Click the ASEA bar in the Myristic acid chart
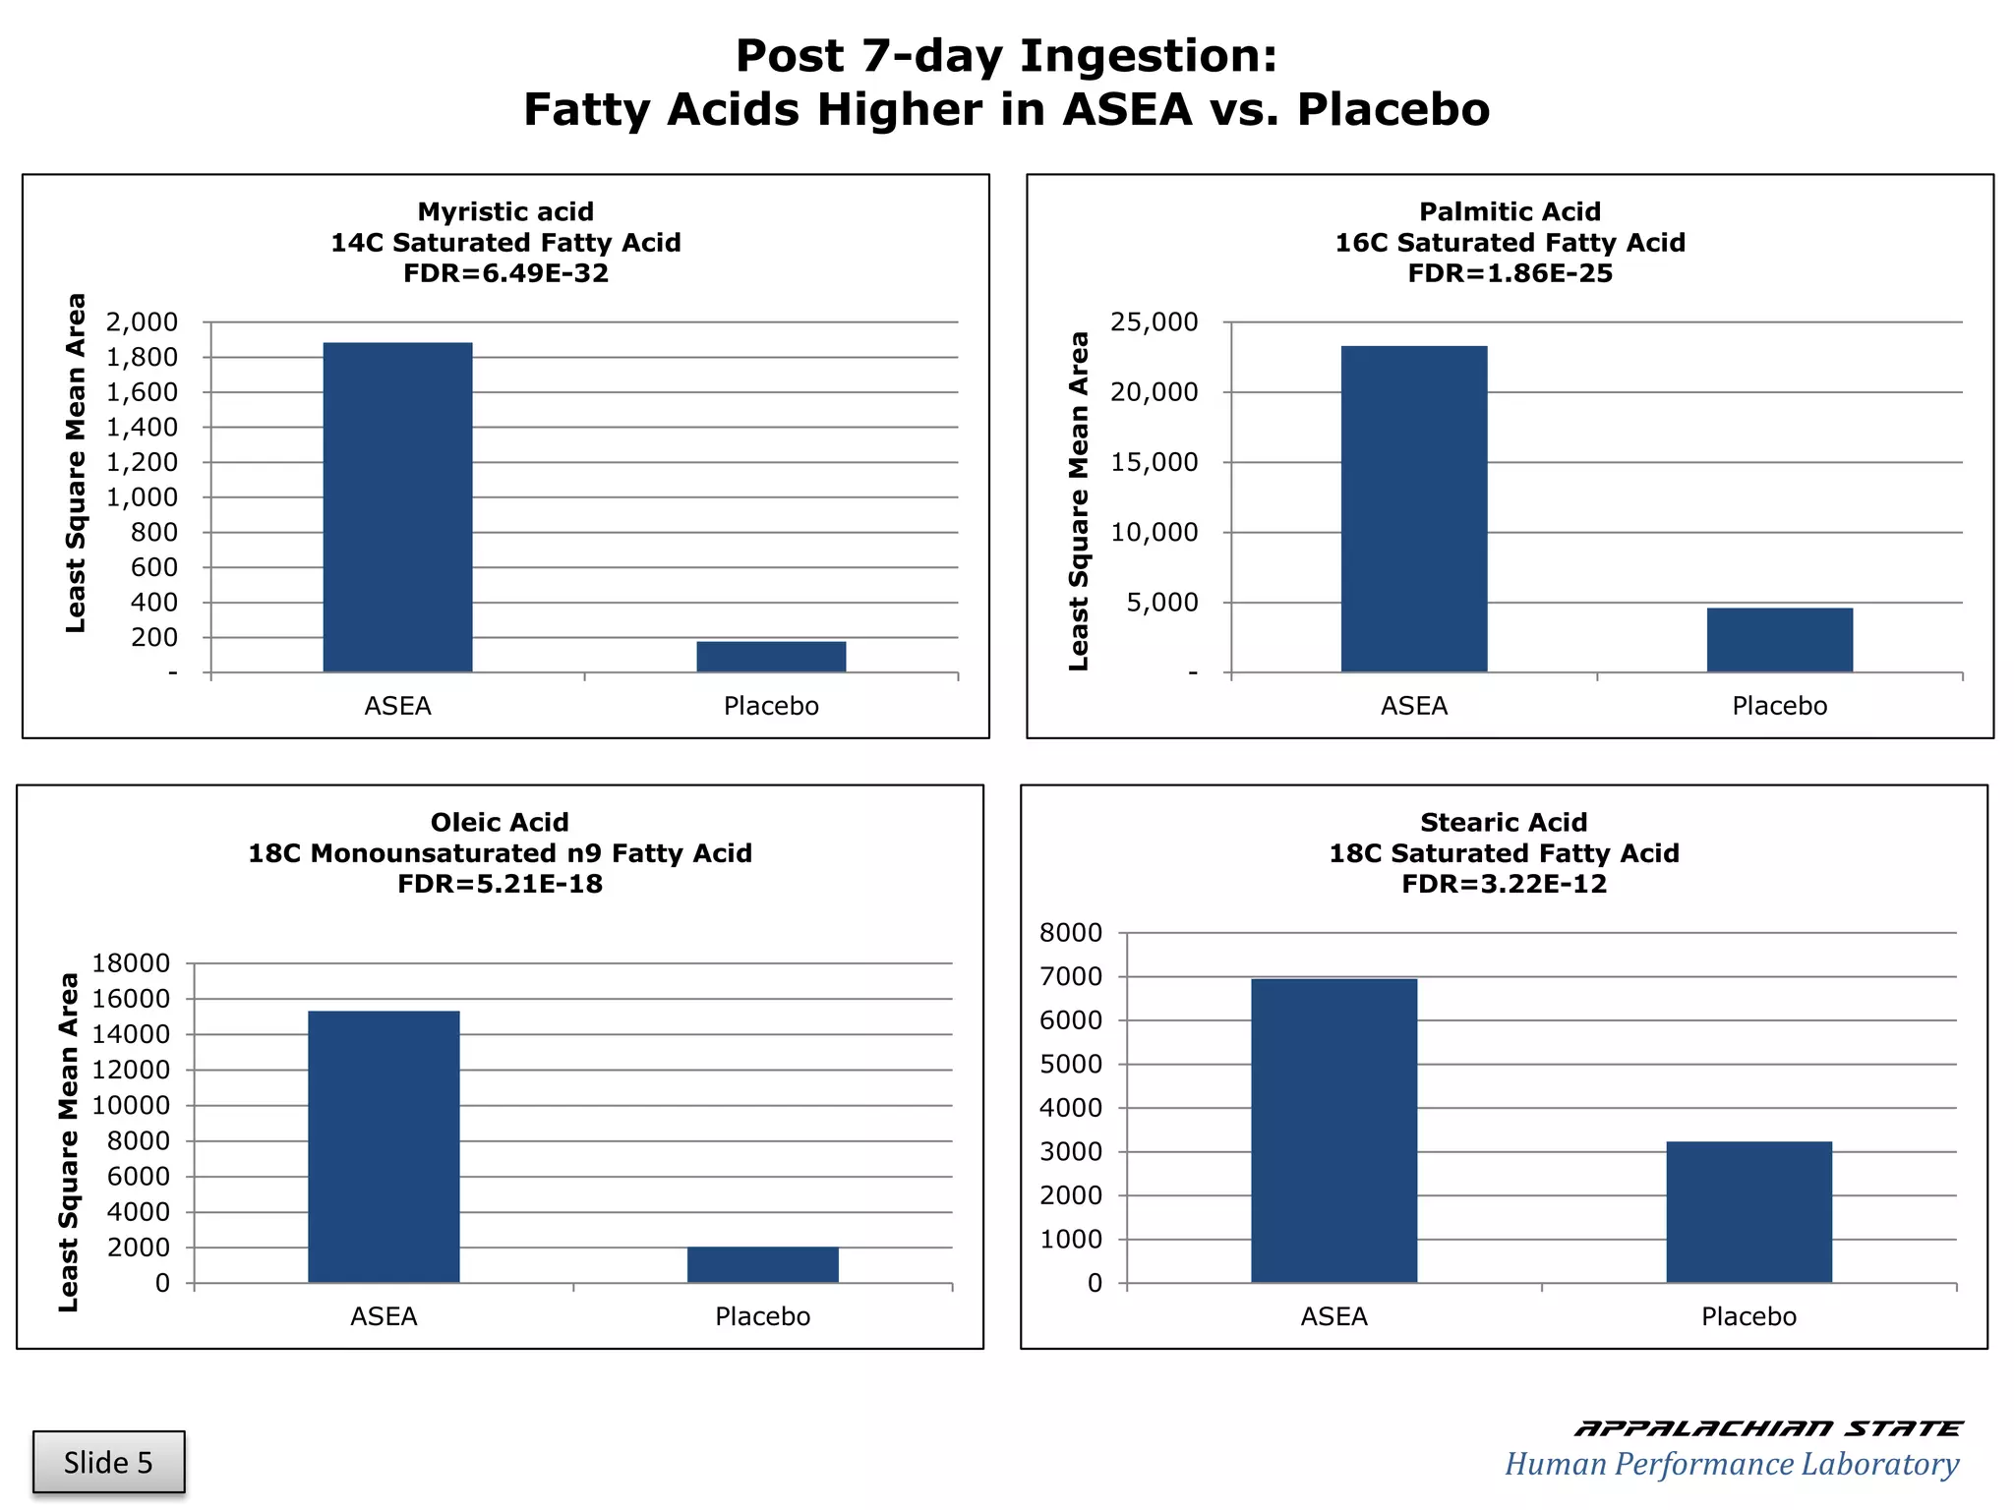[x=397, y=507]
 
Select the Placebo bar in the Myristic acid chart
[x=771, y=657]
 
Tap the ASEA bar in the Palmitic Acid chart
[x=1414, y=509]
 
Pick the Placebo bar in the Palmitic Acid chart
[x=1779, y=640]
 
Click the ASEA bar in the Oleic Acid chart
[x=384, y=1146]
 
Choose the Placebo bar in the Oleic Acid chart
[x=762, y=1264]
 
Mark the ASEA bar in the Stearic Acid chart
[x=1333, y=1131]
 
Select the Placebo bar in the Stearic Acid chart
[x=1748, y=1212]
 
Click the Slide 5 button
[x=108, y=1463]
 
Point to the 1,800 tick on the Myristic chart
[x=143, y=357]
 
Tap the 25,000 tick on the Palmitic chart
[x=1155, y=321]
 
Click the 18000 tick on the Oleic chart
[x=131, y=963]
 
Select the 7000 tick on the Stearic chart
[x=1071, y=976]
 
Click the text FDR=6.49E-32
[x=505, y=273]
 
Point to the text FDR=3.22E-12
[x=1504, y=884]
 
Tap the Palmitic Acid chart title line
[x=1510, y=211]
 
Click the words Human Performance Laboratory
[x=1731, y=1464]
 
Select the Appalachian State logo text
[x=1767, y=1428]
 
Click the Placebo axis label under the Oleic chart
[x=762, y=1316]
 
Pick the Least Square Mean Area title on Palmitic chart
[x=1079, y=501]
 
